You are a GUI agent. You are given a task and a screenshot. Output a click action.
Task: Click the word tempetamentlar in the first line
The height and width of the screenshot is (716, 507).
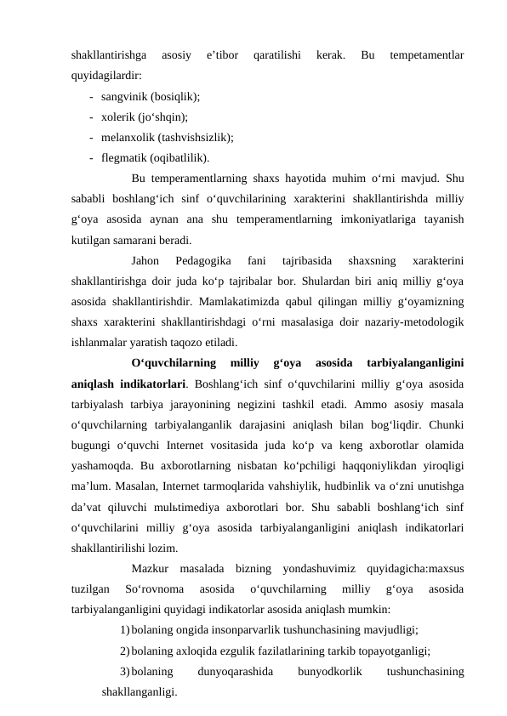point(425,57)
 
